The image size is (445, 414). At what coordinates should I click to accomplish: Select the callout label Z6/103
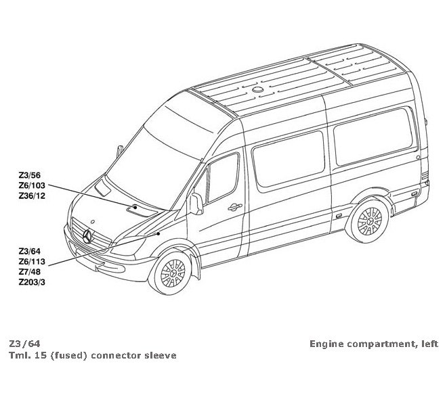click(33, 186)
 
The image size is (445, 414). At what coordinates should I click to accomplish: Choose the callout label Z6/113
click(33, 260)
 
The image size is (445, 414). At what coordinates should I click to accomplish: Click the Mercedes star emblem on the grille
click(87, 235)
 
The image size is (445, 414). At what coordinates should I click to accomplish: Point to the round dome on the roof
click(261, 89)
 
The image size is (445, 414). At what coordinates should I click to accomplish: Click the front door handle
click(234, 206)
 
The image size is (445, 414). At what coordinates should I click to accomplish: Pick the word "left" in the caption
click(429, 344)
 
